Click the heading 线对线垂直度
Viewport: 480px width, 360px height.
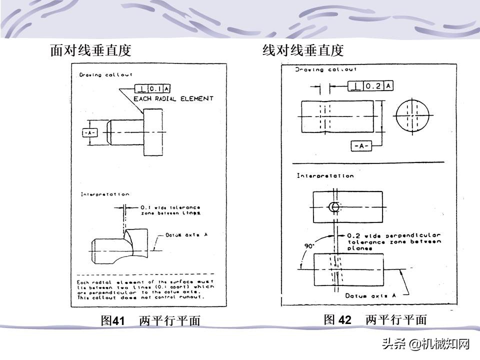(x=303, y=50)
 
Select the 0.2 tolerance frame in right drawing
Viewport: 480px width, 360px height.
(x=370, y=86)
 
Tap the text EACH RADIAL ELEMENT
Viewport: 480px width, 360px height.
(x=173, y=99)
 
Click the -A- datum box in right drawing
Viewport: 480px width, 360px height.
(x=360, y=146)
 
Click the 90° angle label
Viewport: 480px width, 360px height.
(x=309, y=246)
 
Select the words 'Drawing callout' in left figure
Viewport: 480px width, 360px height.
(x=98, y=75)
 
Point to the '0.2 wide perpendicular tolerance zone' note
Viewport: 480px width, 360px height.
(x=394, y=241)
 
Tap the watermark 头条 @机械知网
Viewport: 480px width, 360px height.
(x=426, y=344)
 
